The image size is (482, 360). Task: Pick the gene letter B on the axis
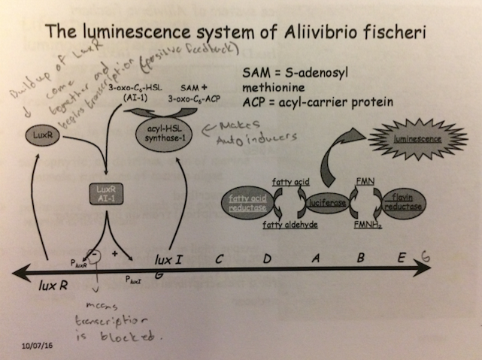361,259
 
